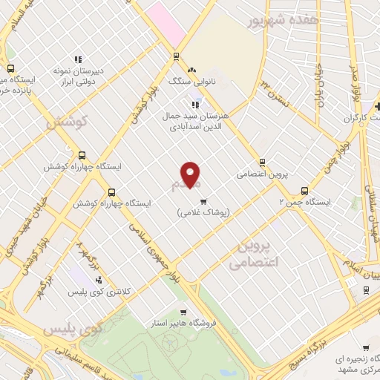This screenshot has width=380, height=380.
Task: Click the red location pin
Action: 191,174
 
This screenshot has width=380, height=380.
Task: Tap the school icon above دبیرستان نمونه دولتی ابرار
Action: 78,61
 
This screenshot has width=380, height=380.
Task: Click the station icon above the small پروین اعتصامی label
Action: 261,163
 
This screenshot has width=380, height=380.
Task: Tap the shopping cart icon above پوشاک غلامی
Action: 203,200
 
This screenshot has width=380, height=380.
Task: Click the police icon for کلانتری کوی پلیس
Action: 99,279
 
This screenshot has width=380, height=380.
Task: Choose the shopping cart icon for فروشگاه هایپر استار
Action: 183,312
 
